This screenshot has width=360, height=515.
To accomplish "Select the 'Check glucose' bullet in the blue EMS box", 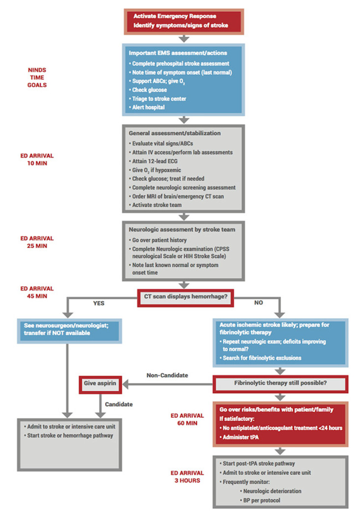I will point(149,90).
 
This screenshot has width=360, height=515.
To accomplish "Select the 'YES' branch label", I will point(99,303).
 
